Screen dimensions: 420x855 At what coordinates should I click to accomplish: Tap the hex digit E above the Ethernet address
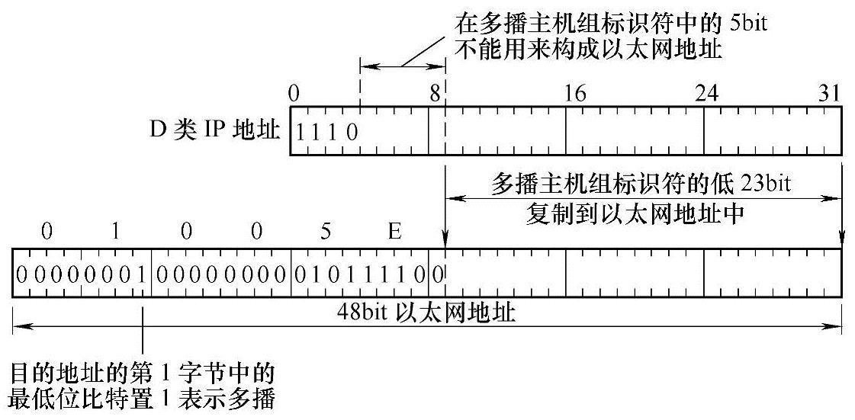click(394, 232)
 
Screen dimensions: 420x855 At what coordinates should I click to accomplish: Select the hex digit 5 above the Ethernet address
click(326, 232)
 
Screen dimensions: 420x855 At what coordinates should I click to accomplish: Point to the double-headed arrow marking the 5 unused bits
click(402, 67)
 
